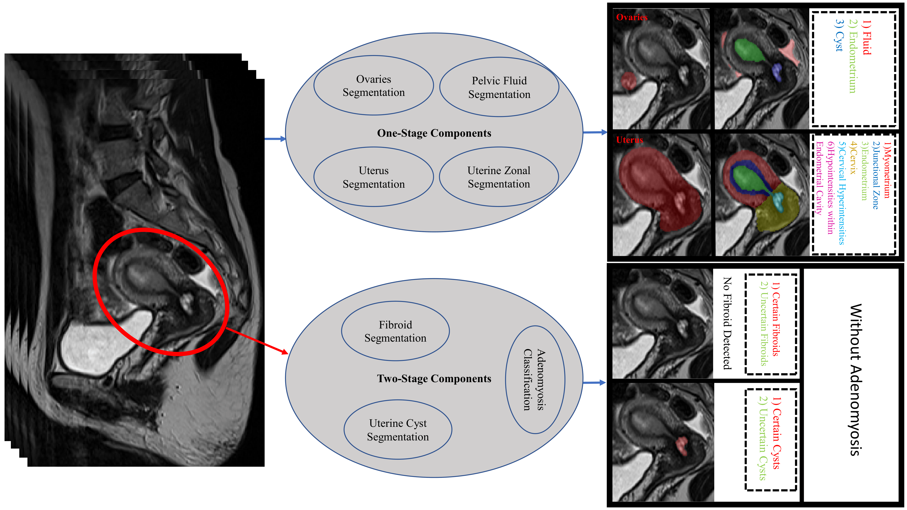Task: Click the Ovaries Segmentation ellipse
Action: click(x=374, y=85)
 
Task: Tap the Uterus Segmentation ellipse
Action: click(x=374, y=177)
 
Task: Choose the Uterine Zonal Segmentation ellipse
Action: click(x=499, y=177)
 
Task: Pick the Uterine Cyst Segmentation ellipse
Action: click(x=398, y=430)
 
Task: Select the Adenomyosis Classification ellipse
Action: click(x=535, y=380)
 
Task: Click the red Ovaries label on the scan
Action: click(x=632, y=17)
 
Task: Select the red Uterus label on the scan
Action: click(x=629, y=140)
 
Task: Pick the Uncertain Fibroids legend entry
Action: click(x=763, y=324)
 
